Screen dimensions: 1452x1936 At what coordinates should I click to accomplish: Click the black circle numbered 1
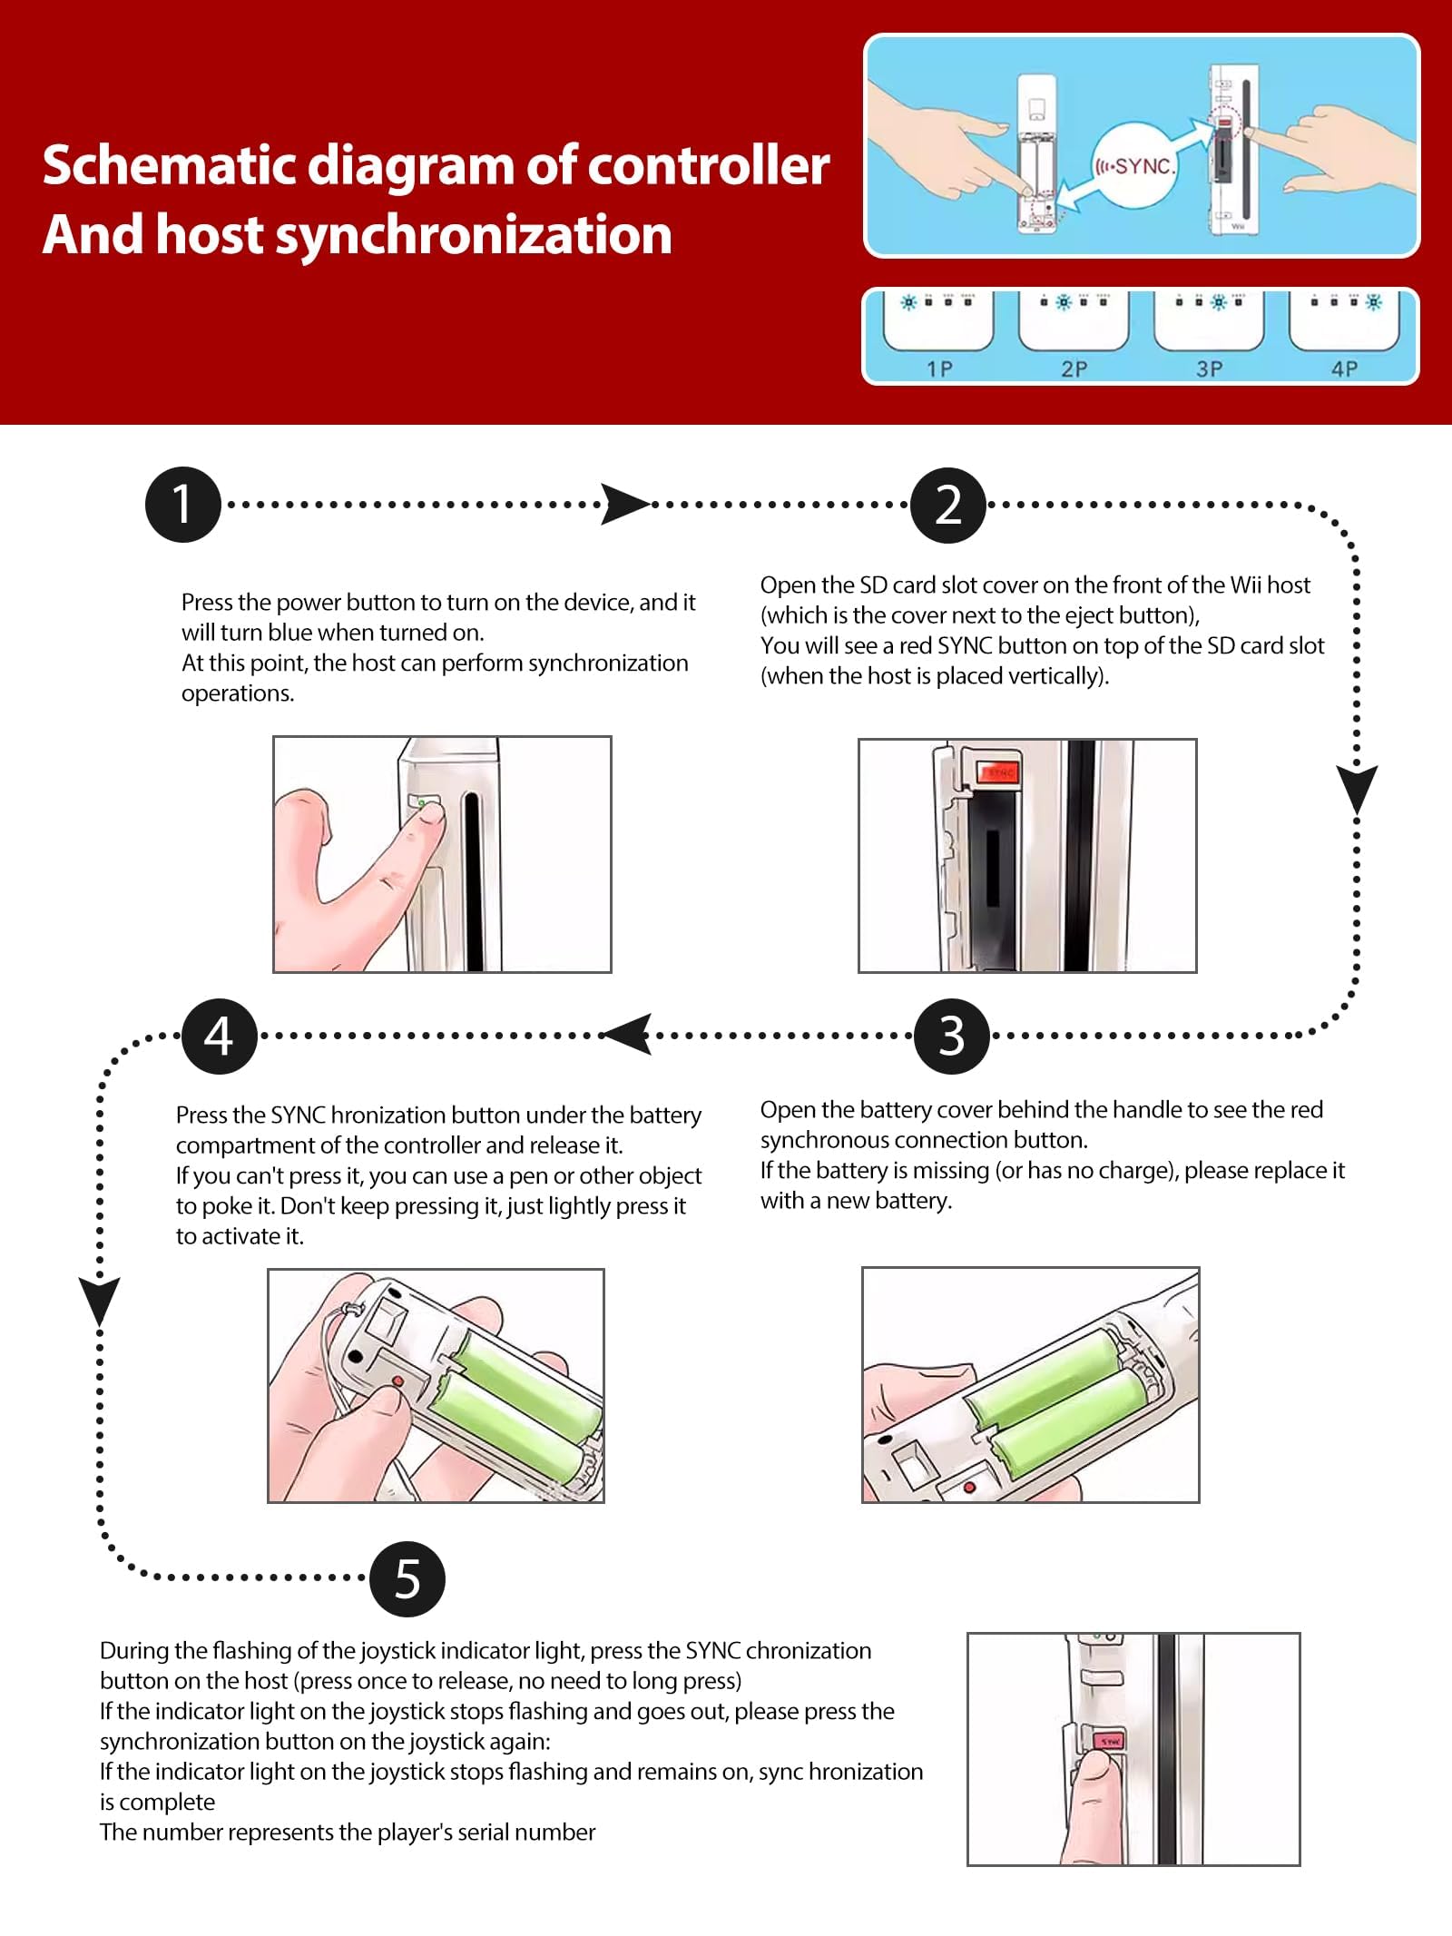[x=183, y=505]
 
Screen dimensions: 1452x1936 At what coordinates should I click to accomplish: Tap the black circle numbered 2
[x=948, y=505]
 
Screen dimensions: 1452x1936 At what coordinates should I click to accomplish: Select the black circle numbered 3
[x=951, y=1036]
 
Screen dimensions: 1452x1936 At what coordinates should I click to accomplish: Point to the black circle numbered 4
[x=220, y=1036]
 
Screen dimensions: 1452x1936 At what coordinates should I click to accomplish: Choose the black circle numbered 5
[x=407, y=1578]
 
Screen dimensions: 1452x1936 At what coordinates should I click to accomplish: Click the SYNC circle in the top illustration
[x=1134, y=166]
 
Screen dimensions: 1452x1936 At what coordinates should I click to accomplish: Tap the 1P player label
[x=939, y=369]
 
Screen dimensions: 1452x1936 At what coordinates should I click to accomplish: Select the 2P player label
[x=1074, y=369]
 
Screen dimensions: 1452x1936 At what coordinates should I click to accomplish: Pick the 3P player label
[x=1209, y=369]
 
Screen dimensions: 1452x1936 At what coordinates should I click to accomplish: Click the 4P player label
[x=1344, y=369]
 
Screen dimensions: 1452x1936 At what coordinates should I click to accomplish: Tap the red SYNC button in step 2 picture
[x=998, y=772]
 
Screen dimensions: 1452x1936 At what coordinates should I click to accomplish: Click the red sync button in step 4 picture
[x=397, y=1381]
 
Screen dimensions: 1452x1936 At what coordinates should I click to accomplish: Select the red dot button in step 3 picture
[x=968, y=1488]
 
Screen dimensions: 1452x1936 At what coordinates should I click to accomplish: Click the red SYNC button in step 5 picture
[x=1110, y=1741]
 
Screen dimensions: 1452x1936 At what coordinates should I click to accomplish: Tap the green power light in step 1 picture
[x=421, y=803]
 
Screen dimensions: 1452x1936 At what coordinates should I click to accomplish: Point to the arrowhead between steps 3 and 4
[x=627, y=1035]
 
